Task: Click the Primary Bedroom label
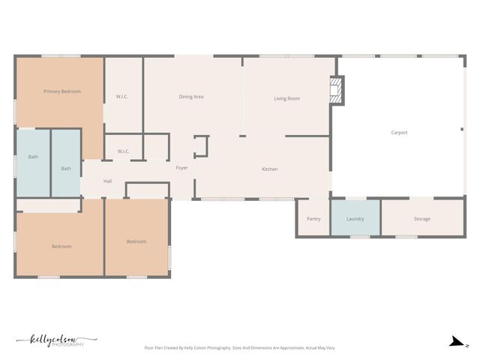pos(61,91)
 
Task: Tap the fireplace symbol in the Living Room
pos(337,91)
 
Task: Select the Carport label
pos(399,133)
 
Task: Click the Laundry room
pos(355,219)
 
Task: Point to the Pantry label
pos(313,219)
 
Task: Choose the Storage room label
pos(421,219)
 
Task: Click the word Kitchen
pos(269,169)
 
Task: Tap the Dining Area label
pos(191,97)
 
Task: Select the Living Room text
pos(286,98)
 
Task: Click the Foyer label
pos(181,168)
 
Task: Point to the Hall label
pos(107,181)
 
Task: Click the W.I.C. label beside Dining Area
pos(123,97)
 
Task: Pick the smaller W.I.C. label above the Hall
pos(123,151)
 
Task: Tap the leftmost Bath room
pos(33,157)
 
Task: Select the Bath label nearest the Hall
pos(66,169)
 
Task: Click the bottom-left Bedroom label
pos(61,247)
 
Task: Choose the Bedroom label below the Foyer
pos(136,241)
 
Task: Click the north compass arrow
pos(455,342)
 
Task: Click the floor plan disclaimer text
pos(239,348)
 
